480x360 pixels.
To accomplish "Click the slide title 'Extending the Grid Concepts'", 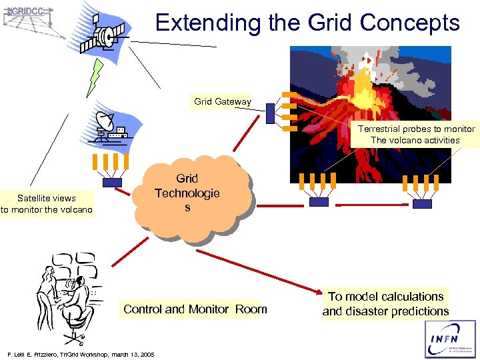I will point(307,23).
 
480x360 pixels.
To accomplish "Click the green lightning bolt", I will point(95,77).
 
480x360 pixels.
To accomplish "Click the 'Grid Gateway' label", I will point(223,102).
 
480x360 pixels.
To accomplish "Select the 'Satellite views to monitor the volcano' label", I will point(47,204).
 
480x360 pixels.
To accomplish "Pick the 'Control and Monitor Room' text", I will point(195,309).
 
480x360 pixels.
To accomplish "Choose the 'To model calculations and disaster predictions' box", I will point(386,304).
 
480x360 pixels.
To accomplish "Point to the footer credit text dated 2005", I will point(79,354).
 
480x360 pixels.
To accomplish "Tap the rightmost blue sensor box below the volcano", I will point(422,203).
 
